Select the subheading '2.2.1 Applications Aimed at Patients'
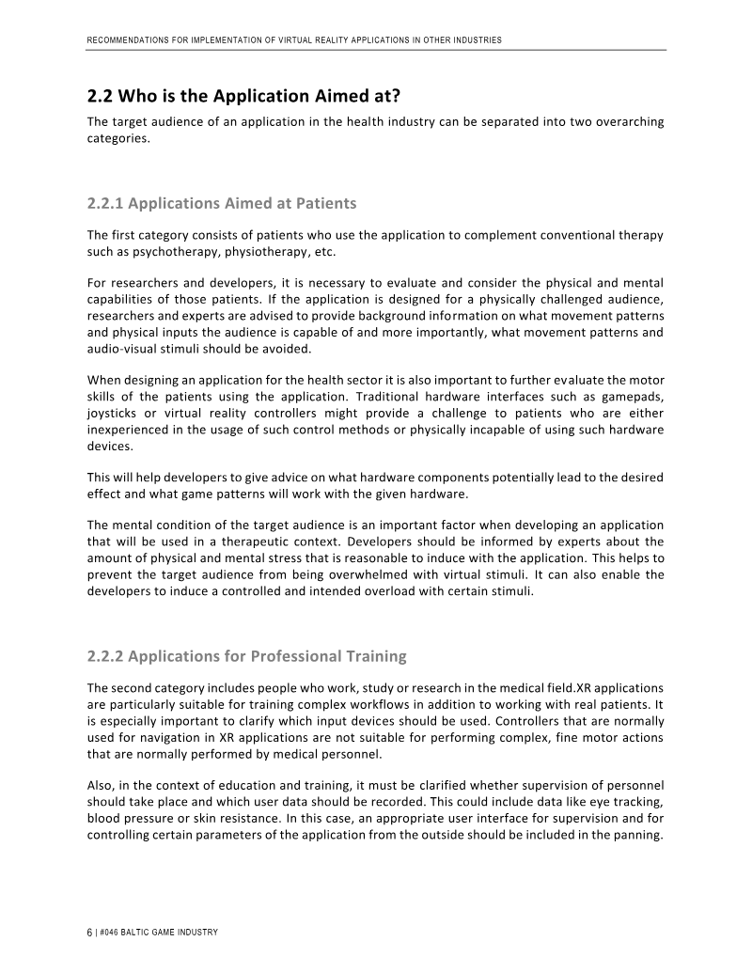pyautogui.click(x=222, y=203)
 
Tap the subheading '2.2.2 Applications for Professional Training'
pyautogui.click(x=246, y=654)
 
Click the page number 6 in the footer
pyautogui.click(x=89, y=932)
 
